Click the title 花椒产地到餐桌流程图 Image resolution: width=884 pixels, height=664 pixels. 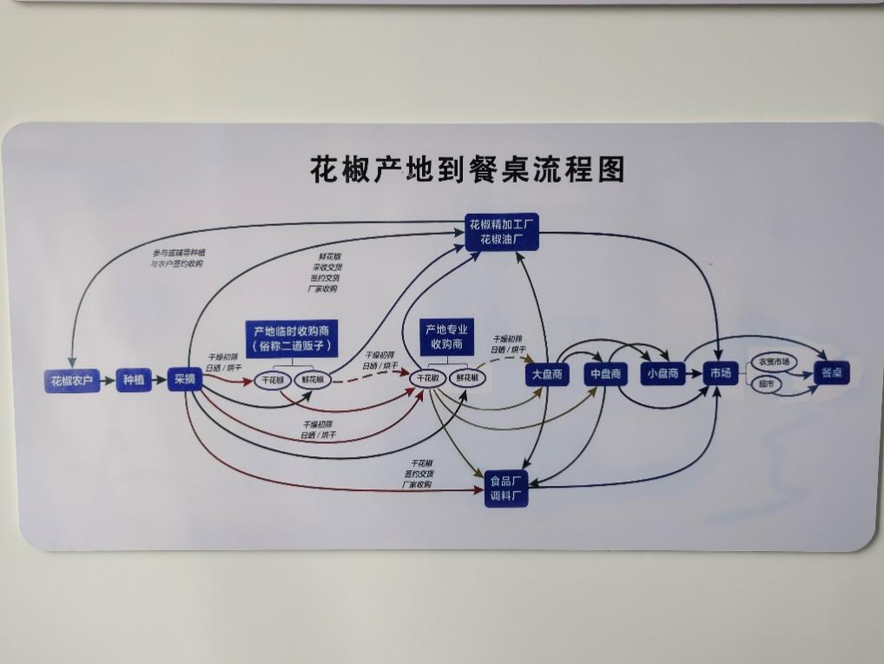tap(467, 169)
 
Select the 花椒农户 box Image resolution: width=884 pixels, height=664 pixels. tap(72, 381)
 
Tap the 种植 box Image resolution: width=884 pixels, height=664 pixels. tap(134, 381)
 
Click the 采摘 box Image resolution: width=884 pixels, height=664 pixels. tap(185, 380)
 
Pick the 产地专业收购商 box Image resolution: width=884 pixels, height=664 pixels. tap(445, 336)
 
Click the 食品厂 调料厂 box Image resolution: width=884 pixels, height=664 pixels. tap(505, 488)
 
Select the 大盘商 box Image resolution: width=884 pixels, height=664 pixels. tap(547, 375)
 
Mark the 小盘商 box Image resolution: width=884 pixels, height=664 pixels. tap(662, 374)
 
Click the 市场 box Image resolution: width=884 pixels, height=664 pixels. tap(720, 374)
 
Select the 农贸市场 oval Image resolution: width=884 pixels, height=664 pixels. tap(774, 362)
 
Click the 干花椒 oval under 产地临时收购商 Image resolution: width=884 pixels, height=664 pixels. tap(274, 379)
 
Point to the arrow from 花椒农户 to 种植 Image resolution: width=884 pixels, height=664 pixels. tap(108, 381)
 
